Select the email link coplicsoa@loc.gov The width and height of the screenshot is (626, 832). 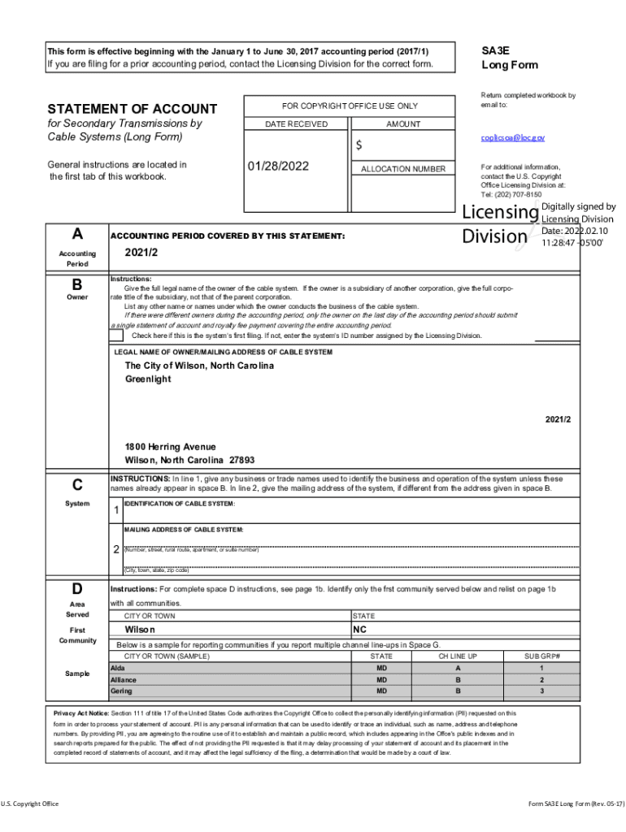[513, 139]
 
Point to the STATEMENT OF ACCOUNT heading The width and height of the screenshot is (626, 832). [133, 109]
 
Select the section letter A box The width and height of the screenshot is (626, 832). [77, 234]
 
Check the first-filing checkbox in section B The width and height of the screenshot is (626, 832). [117, 336]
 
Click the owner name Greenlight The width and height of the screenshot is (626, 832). [148, 379]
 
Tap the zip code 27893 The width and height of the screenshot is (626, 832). [242, 460]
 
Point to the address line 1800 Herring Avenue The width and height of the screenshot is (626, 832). [170, 447]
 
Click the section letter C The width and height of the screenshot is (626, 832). [77, 486]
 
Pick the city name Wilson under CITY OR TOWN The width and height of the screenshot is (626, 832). [140, 630]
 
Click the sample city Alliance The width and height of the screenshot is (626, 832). [124, 679]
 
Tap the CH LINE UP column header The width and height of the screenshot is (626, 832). [458, 656]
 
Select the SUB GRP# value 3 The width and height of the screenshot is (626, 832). [541, 691]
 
